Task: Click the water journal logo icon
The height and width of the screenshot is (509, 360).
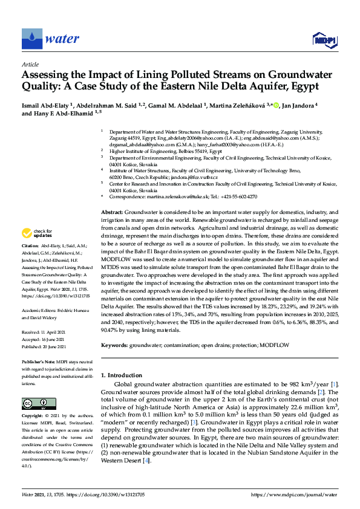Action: (31, 39)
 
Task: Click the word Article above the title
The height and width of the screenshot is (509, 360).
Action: (30, 65)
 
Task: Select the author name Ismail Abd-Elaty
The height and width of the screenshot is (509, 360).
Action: (47, 106)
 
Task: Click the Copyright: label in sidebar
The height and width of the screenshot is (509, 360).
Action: (34, 417)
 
